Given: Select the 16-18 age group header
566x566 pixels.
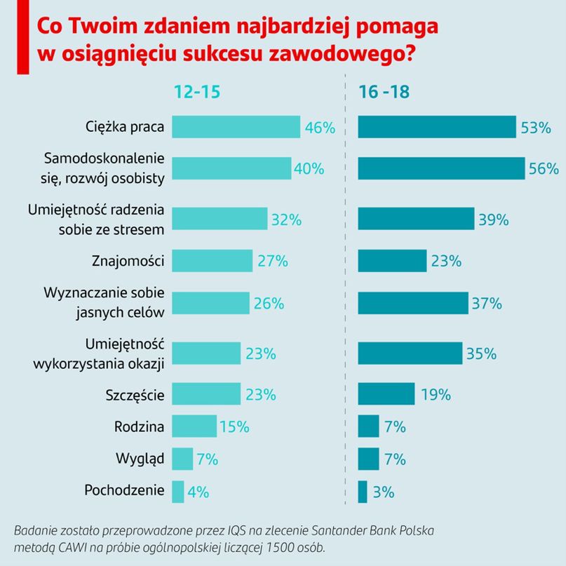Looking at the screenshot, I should click(x=384, y=92).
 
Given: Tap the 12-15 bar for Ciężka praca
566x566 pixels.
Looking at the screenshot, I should click(x=236, y=127).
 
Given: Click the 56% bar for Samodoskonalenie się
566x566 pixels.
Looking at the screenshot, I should click(x=441, y=168).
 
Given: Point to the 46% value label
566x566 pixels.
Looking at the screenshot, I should click(x=320, y=128).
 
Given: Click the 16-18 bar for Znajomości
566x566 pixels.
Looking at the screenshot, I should click(x=392, y=261).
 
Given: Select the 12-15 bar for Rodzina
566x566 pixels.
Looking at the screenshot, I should click(x=194, y=426).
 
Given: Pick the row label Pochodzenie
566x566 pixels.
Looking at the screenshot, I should click(x=124, y=490).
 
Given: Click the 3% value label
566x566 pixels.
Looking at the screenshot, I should click(x=383, y=492).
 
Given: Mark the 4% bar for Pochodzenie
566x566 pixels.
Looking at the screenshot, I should click(x=177, y=491).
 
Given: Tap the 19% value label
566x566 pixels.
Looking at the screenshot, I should click(x=436, y=395).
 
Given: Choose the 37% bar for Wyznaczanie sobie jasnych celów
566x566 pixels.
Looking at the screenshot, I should click(x=413, y=303).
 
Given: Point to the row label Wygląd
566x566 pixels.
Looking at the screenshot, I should click(x=140, y=459).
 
